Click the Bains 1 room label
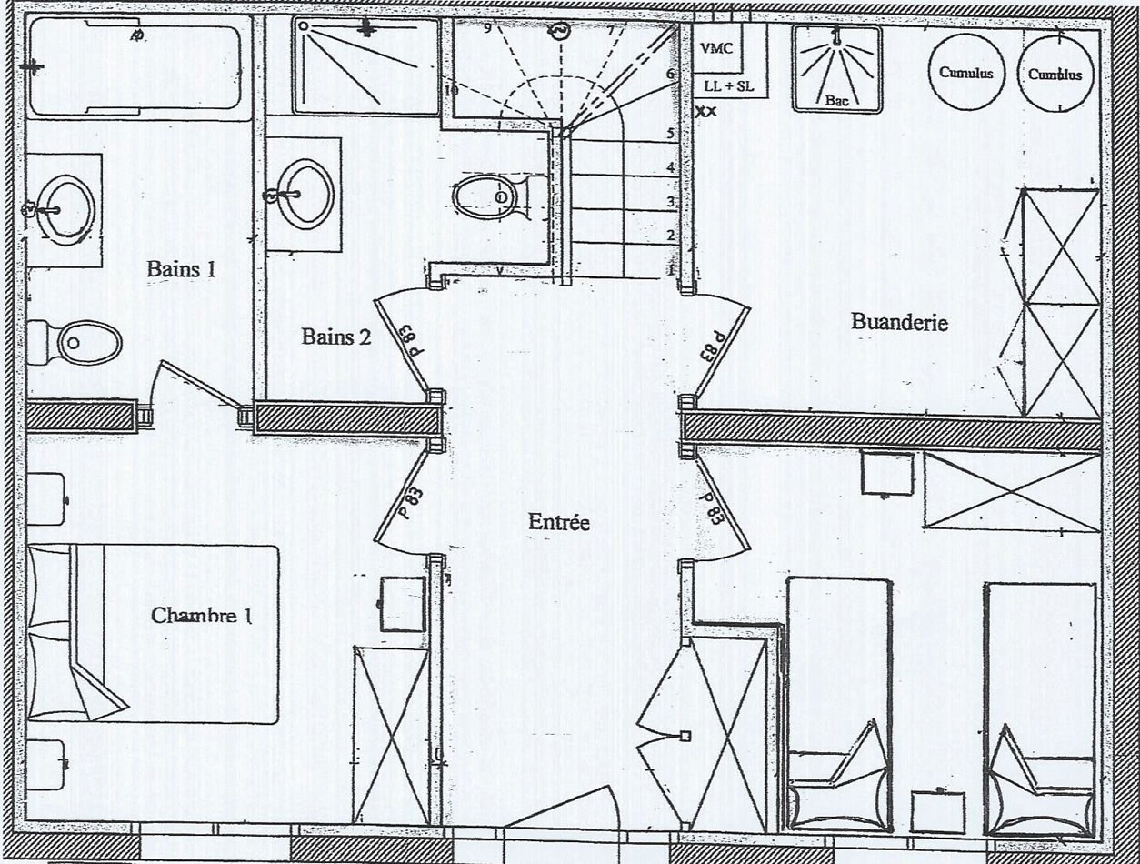click(181, 269)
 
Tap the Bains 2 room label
click(336, 337)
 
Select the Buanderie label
click(899, 322)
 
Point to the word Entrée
click(559, 522)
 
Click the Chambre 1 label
click(202, 616)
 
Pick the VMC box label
click(716, 48)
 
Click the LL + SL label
click(728, 86)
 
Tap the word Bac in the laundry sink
click(836, 100)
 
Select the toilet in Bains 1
click(75, 342)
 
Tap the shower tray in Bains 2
click(365, 65)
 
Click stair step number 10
click(451, 91)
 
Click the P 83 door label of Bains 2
click(412, 341)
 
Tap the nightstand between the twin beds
click(939, 814)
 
